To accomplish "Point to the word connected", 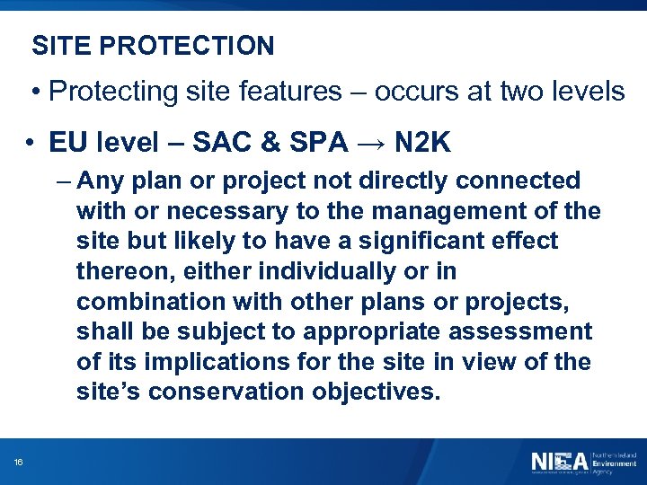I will [518, 181].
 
